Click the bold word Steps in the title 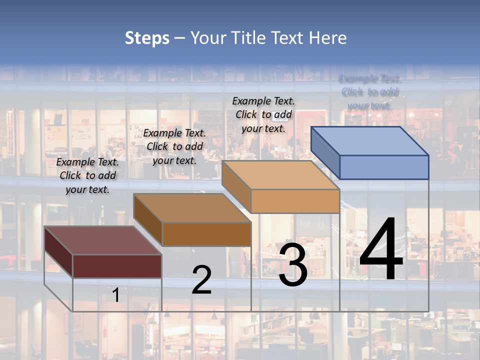147,38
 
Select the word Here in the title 328,38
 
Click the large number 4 381,249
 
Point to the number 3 293,265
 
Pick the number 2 201,280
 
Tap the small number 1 116,295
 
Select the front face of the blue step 384,167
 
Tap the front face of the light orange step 295,201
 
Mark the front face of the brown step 206,234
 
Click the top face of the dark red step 103,240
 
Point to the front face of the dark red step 117,266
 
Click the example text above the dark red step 87,175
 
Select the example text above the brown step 174,146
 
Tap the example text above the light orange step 263,114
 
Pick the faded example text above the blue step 370,92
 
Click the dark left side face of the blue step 325,152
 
